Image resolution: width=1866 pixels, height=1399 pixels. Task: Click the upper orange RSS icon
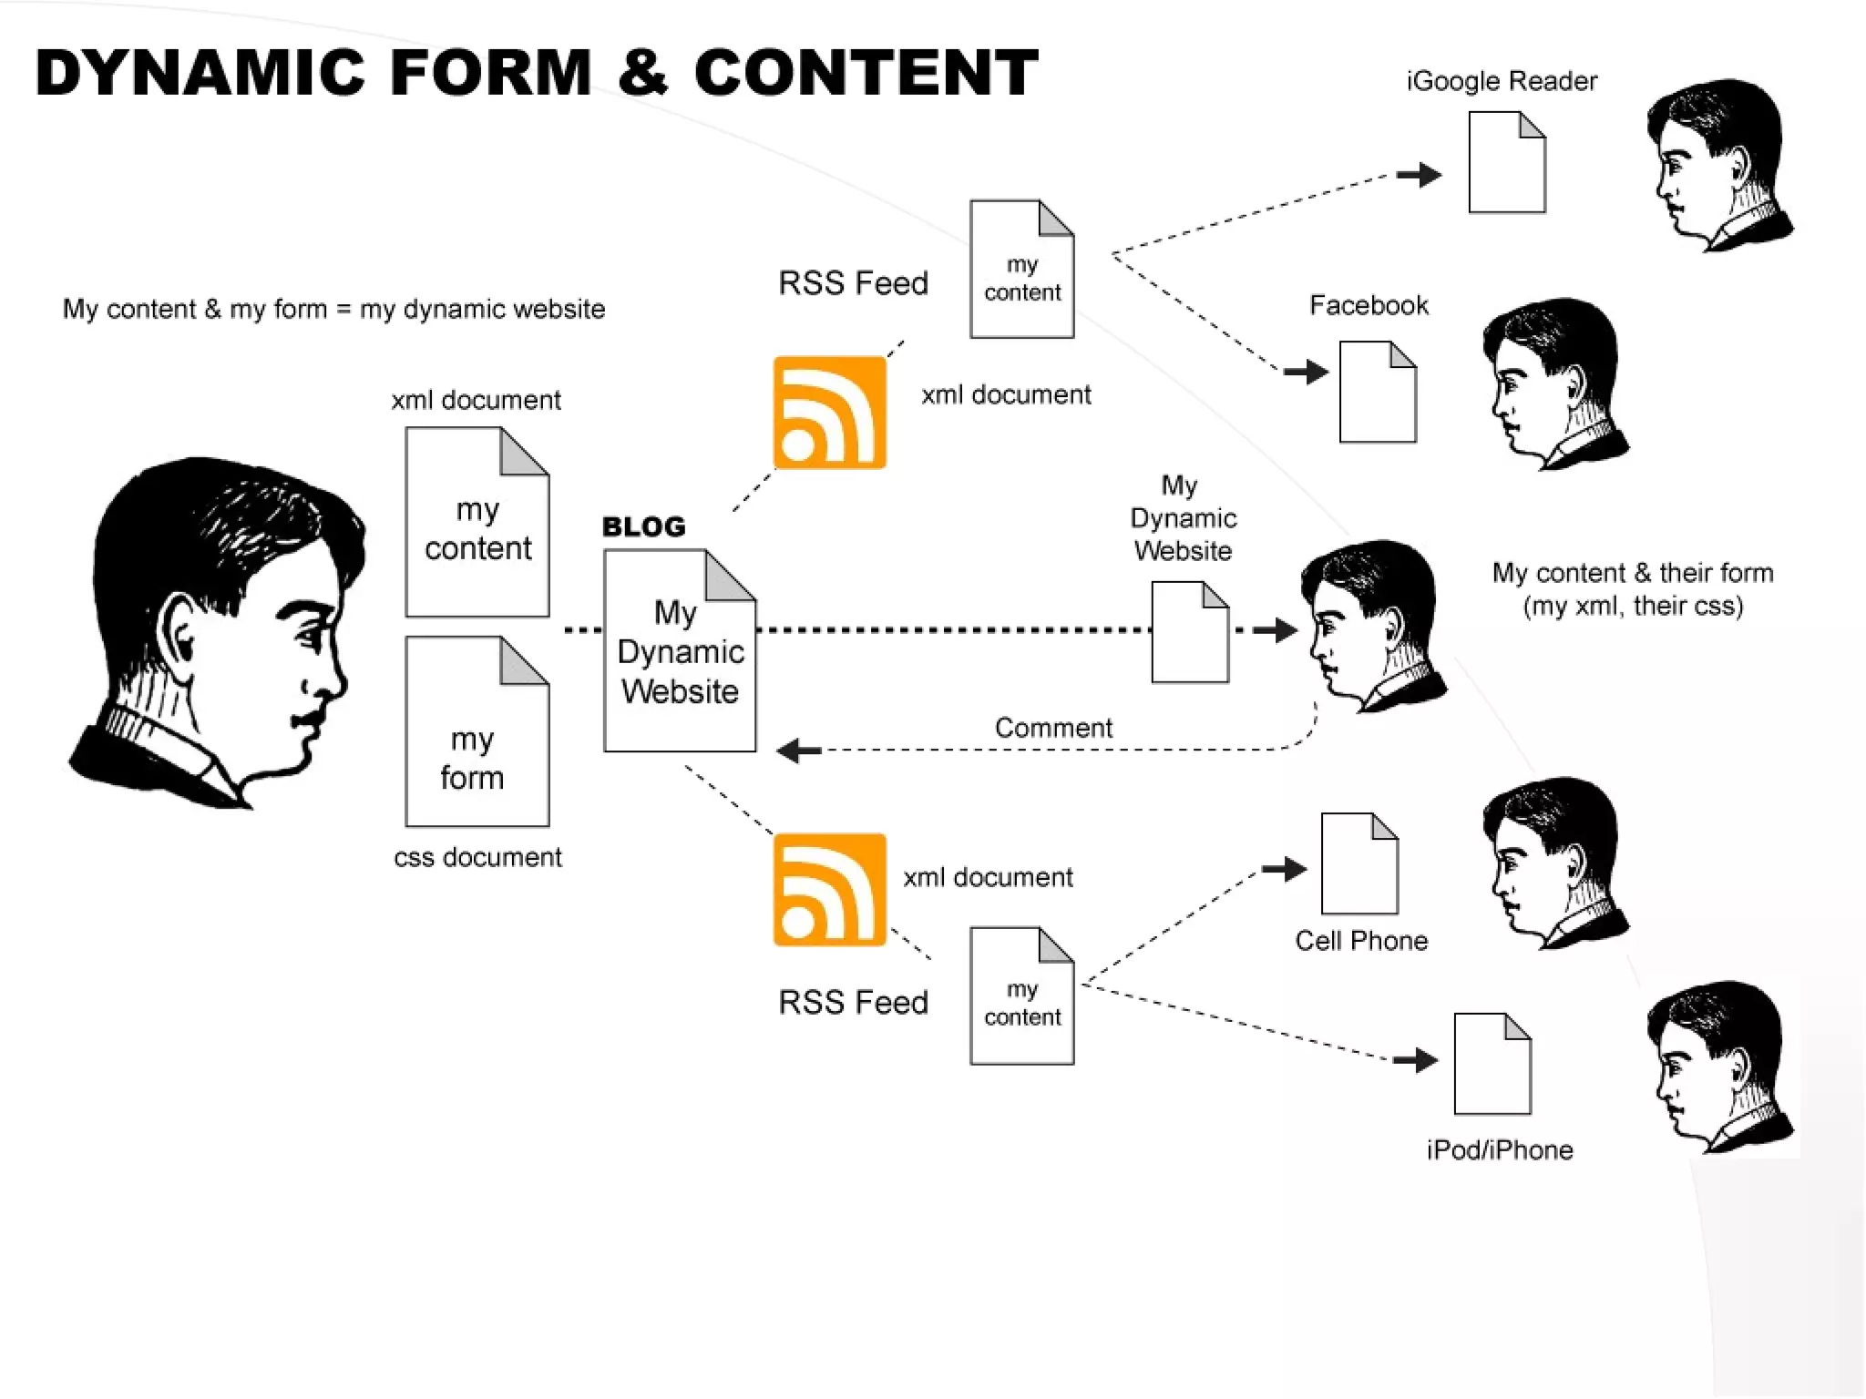pos(829,413)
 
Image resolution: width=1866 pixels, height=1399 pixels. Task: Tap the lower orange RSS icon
pos(829,889)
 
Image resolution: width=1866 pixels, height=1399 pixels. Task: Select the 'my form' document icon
pos(477,731)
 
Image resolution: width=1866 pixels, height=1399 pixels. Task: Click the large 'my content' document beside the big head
pos(477,522)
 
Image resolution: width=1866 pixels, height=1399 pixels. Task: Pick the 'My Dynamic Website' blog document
pos(680,651)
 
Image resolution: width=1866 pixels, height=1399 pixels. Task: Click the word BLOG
pos(643,526)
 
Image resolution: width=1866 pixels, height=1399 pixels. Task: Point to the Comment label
pos(1053,728)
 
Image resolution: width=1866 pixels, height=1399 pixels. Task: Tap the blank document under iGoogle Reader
pos(1506,162)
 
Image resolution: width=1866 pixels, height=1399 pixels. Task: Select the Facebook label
pos(1369,305)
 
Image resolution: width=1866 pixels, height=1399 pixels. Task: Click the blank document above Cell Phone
pos(1359,863)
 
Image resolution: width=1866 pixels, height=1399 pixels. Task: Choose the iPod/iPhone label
pos(1500,1150)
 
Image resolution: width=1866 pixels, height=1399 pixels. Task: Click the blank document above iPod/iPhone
pos(1492,1064)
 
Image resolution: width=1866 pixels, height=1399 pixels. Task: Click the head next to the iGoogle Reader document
pos(1717,164)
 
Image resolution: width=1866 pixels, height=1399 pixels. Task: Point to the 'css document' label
pos(477,857)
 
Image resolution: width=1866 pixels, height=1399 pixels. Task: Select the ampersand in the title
pos(642,73)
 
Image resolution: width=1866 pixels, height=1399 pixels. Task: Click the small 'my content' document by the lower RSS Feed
pos(1021,996)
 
